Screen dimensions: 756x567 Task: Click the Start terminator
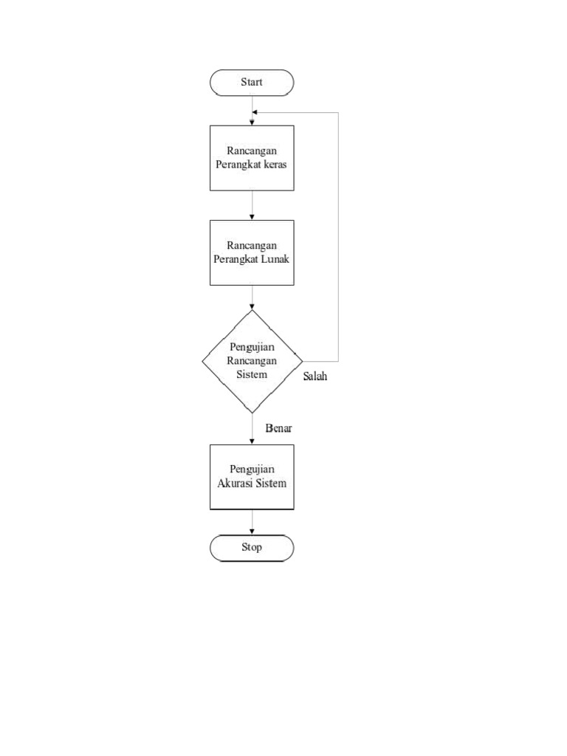pyautogui.click(x=252, y=83)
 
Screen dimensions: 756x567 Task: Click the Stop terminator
pyautogui.click(x=252, y=548)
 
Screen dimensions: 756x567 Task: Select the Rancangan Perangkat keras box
pyautogui.click(x=252, y=158)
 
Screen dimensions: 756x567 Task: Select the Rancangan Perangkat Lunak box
pyautogui.click(x=252, y=252)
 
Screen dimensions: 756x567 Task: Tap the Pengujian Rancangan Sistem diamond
pyautogui.click(x=252, y=361)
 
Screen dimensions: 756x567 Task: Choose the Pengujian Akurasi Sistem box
pyautogui.click(x=252, y=477)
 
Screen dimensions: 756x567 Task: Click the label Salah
pyautogui.click(x=315, y=377)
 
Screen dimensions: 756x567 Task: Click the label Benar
pyautogui.click(x=279, y=428)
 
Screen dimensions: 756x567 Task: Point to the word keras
pyautogui.click(x=274, y=165)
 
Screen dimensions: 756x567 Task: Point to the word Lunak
pyautogui.click(x=275, y=259)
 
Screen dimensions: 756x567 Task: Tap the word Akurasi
pyautogui.click(x=234, y=484)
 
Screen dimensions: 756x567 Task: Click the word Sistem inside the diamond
pyautogui.click(x=252, y=374)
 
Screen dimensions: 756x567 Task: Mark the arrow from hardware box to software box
pyautogui.click(x=252, y=205)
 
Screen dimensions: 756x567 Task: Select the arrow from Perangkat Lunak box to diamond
pyautogui.click(x=252, y=298)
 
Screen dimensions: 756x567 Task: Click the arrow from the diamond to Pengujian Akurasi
pyautogui.click(x=252, y=429)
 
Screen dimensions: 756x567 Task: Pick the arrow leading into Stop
pyautogui.click(x=252, y=523)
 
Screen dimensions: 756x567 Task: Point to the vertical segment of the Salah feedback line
pyautogui.click(x=338, y=236)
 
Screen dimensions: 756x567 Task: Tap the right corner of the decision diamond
pyautogui.click(x=301, y=361)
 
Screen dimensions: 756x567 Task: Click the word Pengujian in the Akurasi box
pyautogui.click(x=252, y=470)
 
